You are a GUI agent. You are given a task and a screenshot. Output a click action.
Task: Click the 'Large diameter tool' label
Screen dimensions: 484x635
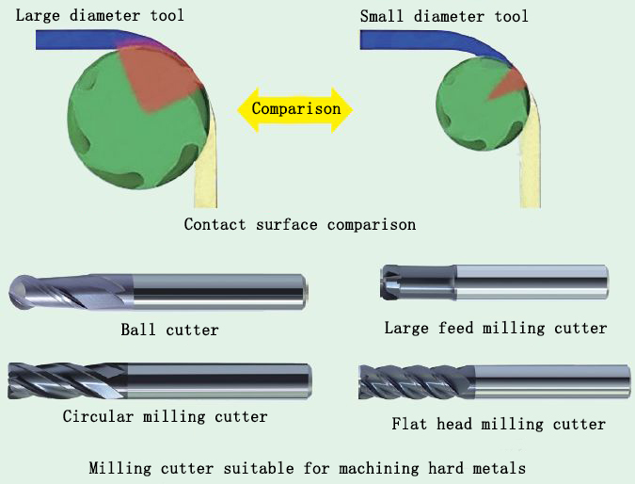(100, 15)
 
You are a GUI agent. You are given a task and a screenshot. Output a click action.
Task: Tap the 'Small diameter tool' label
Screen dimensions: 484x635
(444, 16)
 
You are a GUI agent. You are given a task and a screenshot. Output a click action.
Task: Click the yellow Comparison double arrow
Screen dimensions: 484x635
(295, 108)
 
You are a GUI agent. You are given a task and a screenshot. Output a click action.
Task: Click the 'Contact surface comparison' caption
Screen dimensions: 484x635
(299, 224)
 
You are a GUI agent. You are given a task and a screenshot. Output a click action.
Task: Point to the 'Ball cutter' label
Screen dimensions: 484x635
(169, 330)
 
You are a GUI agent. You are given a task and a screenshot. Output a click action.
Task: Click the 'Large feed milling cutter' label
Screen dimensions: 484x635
(495, 328)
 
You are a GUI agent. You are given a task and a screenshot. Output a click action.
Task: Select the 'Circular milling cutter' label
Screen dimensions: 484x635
(165, 415)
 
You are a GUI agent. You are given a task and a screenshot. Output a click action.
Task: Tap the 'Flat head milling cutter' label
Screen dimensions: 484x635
(499, 424)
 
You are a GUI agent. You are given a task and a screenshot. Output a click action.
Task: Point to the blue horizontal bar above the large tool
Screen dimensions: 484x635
(75, 39)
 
